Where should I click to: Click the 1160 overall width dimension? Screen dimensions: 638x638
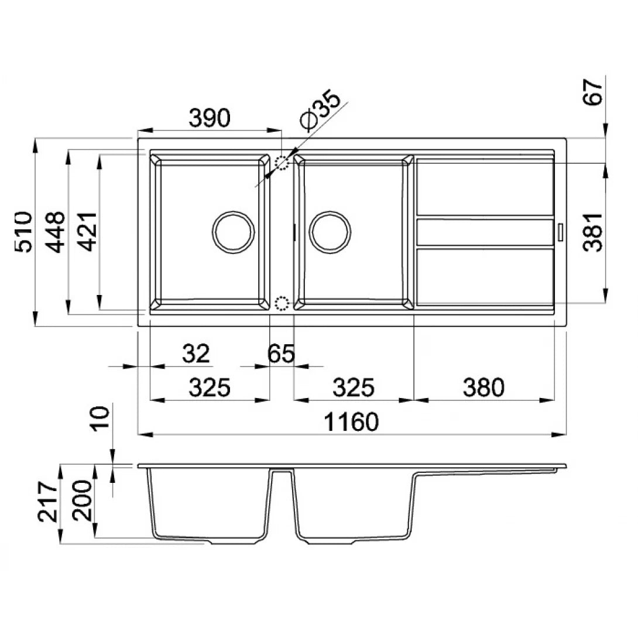(352, 421)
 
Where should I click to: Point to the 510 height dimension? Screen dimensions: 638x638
(23, 232)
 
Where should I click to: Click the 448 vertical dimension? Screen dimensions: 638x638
(56, 232)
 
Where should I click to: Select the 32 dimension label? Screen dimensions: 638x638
(195, 354)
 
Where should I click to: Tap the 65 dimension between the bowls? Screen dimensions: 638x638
(281, 354)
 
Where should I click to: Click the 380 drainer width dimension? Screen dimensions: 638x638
(483, 387)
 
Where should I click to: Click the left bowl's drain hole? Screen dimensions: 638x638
(234, 231)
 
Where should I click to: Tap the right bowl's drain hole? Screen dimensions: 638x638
(331, 231)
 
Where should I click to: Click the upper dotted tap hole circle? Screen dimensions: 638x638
(283, 162)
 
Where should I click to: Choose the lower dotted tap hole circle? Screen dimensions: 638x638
(282, 303)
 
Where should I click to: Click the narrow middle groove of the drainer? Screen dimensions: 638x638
(485, 232)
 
